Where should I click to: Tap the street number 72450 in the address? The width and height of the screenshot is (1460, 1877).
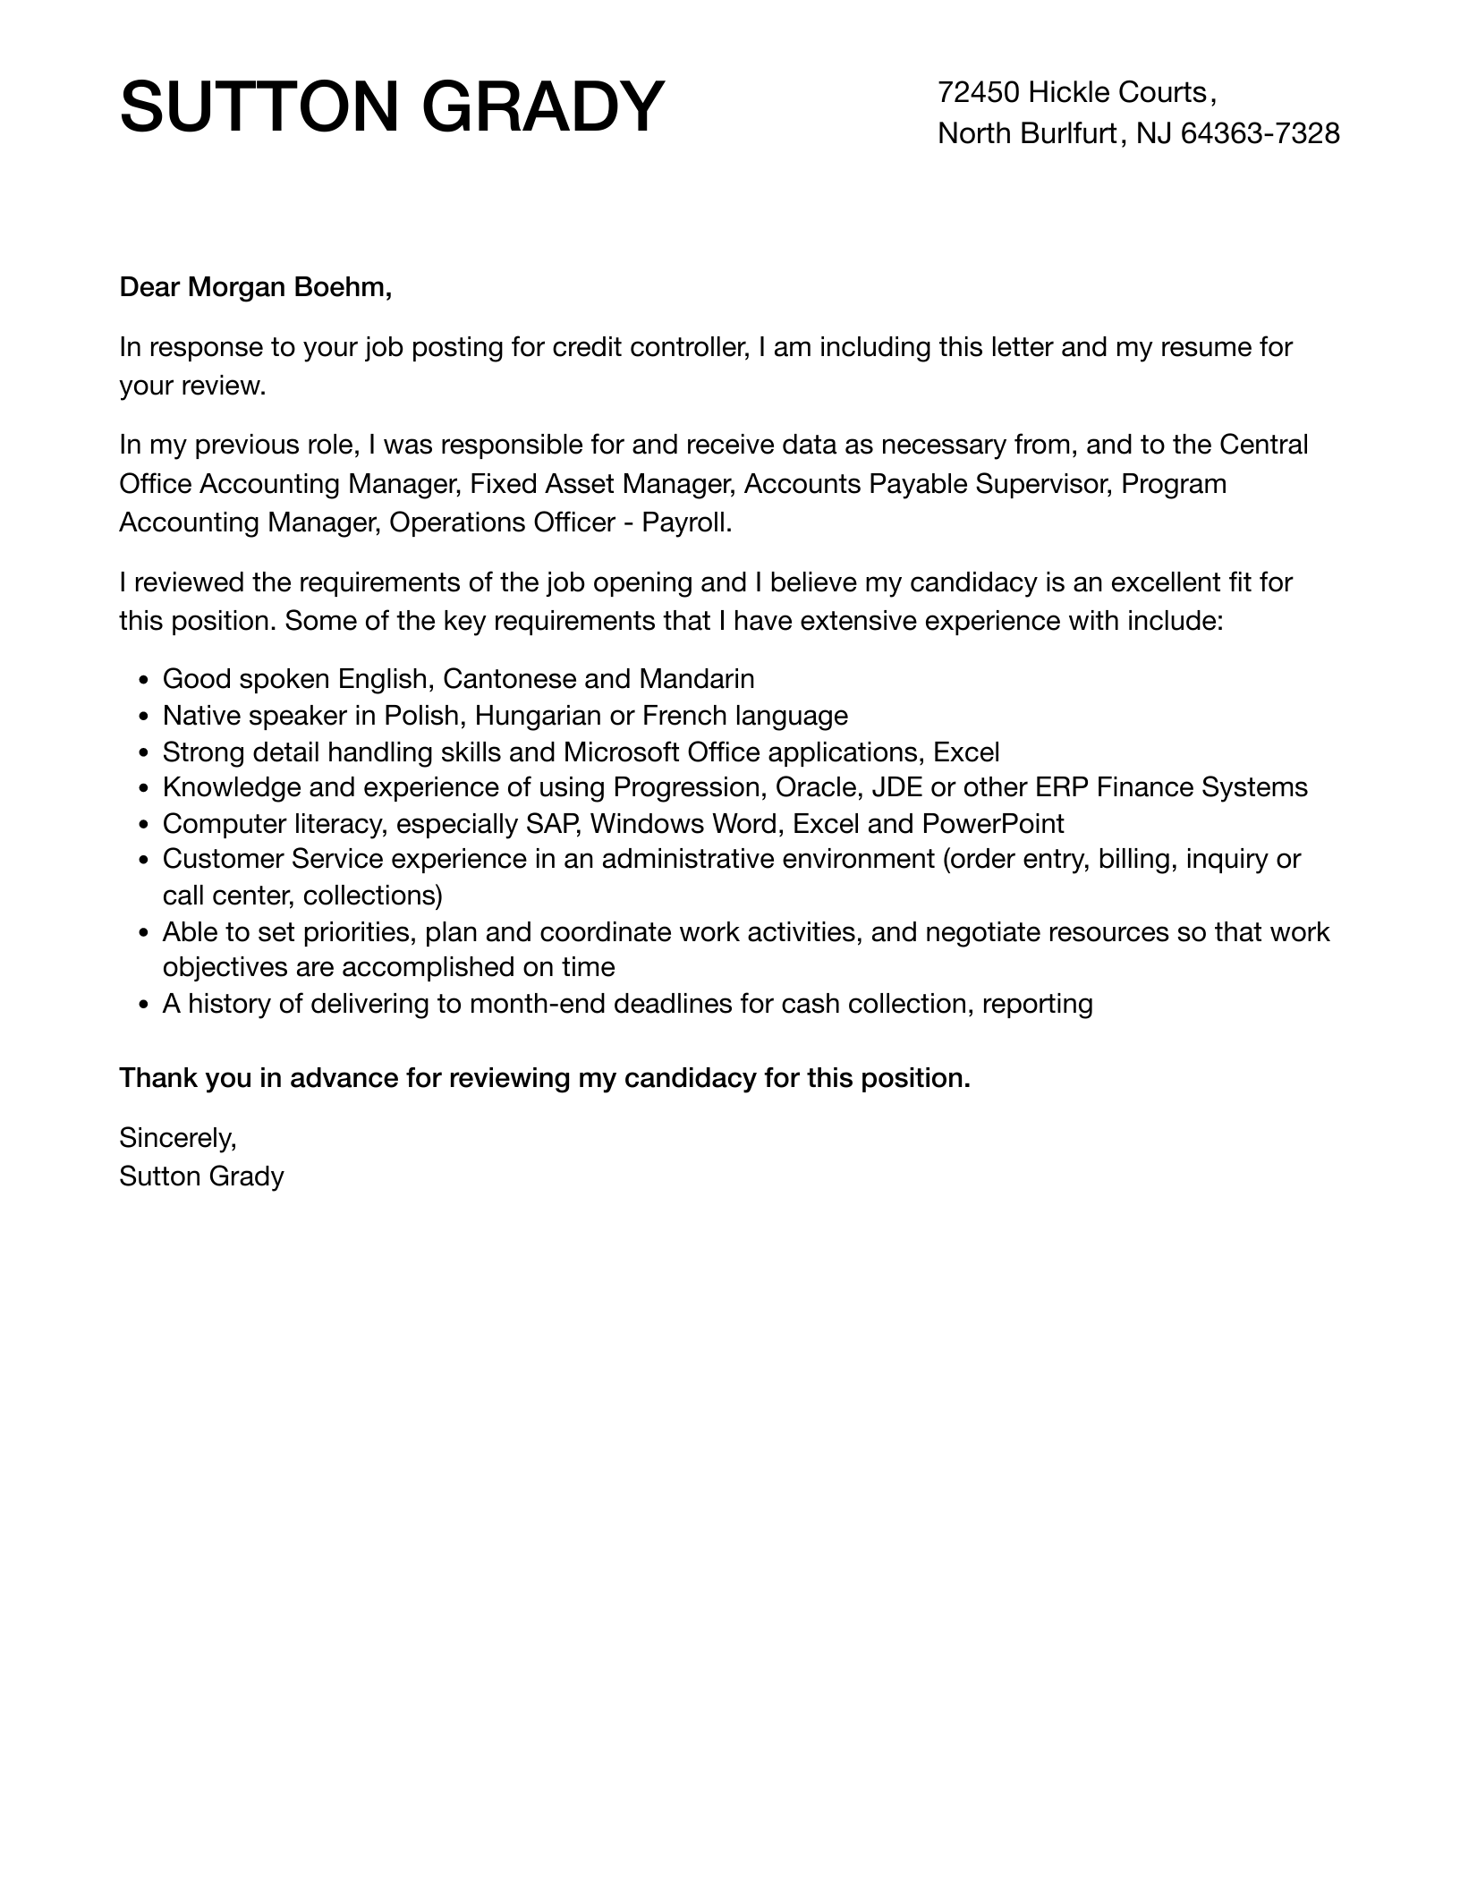point(978,92)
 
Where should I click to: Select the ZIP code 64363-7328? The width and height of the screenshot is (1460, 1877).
point(1260,133)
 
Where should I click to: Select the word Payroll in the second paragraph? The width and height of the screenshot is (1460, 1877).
point(686,522)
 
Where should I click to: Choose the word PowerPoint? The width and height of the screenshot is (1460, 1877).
point(993,823)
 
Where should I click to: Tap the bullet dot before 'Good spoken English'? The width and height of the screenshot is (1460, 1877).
point(144,681)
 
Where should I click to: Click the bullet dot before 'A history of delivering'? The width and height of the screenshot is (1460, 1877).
point(144,1006)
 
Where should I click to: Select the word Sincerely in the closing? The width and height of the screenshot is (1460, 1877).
point(177,1137)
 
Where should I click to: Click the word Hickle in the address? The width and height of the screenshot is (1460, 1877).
point(1071,92)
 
